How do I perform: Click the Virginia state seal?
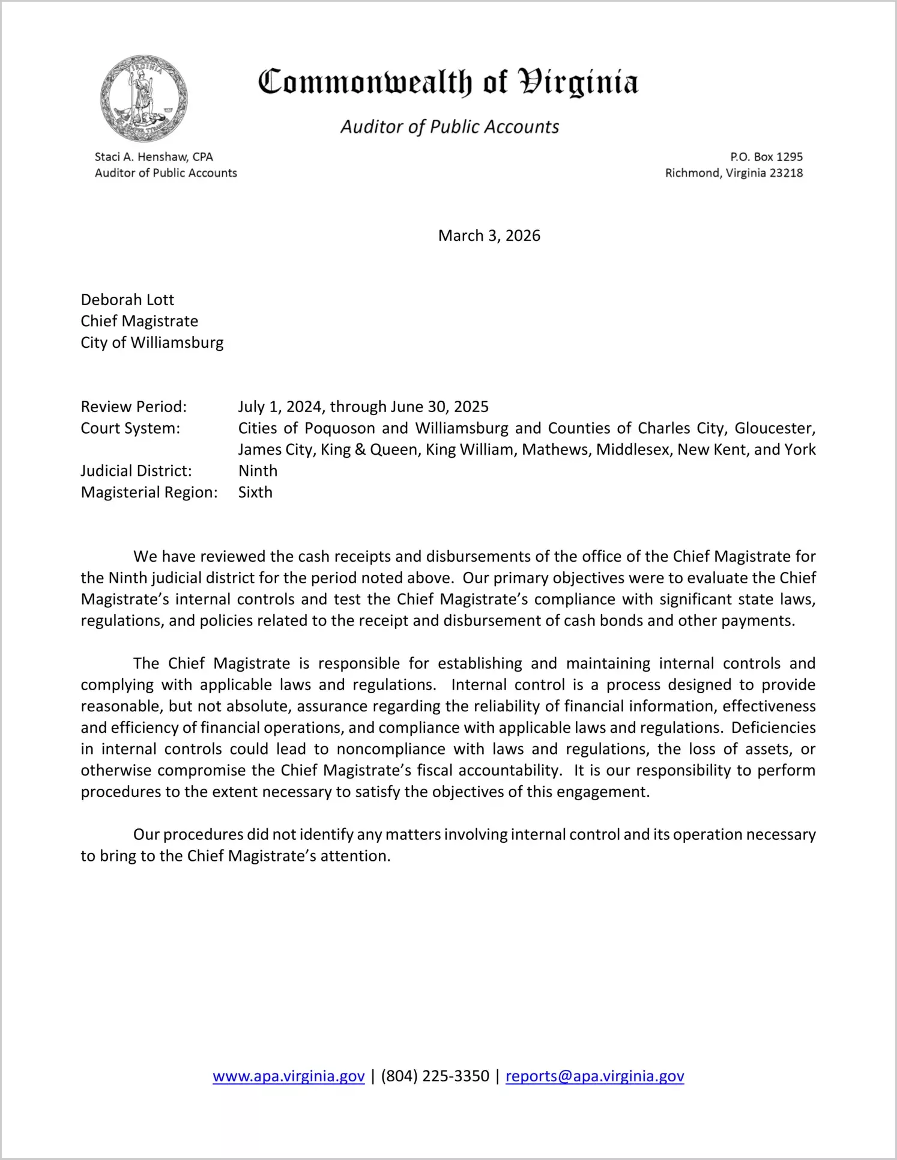pyautogui.click(x=143, y=98)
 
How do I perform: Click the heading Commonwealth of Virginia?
pyautogui.click(x=448, y=82)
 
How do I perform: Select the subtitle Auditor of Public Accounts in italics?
pyautogui.click(x=450, y=127)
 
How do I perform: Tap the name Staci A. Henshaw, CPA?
pyautogui.click(x=154, y=157)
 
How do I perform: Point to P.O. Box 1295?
pyautogui.click(x=766, y=157)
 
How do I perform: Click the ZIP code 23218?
pyautogui.click(x=786, y=173)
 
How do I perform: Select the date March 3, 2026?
pyautogui.click(x=489, y=235)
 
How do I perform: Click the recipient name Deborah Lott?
pyautogui.click(x=127, y=300)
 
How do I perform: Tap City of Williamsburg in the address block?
pyautogui.click(x=152, y=342)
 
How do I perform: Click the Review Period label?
pyautogui.click(x=134, y=407)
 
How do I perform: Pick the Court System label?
pyautogui.click(x=130, y=428)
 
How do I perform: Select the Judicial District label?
pyautogui.click(x=136, y=471)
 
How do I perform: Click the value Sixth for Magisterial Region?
pyautogui.click(x=255, y=493)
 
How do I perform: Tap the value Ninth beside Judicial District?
pyautogui.click(x=258, y=471)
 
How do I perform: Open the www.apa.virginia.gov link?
pyautogui.click(x=288, y=1076)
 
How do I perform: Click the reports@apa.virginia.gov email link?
pyautogui.click(x=594, y=1076)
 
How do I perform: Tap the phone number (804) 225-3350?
pyautogui.click(x=435, y=1076)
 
